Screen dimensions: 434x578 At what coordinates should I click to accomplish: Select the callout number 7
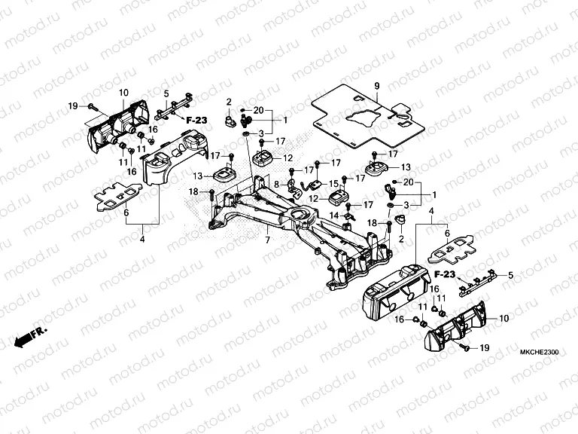(266, 240)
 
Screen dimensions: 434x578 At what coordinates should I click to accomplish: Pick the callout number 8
(276, 184)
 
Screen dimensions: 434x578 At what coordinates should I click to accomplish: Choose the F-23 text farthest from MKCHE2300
(196, 119)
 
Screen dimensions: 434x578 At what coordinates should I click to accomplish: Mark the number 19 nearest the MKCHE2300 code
(484, 348)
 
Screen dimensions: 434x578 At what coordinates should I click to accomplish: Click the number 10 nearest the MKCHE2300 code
(503, 319)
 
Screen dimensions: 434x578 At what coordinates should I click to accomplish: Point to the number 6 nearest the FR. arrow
(126, 212)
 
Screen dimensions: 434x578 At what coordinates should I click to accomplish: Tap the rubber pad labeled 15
(339, 198)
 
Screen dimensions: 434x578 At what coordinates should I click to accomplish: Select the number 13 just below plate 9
(406, 167)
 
